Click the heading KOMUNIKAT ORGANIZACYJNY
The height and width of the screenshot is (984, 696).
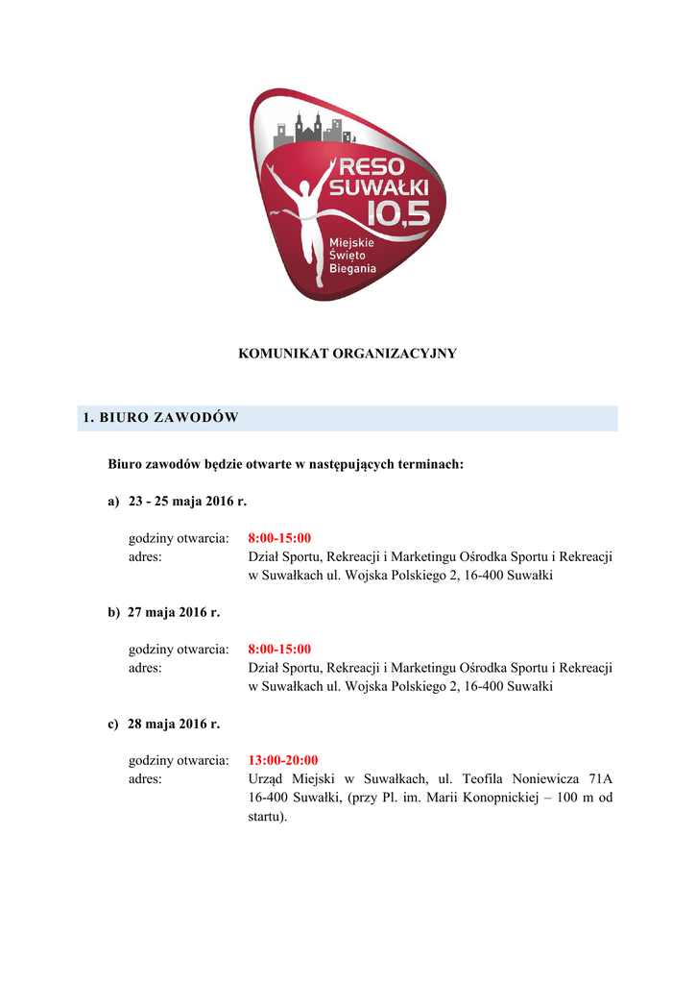point(347,354)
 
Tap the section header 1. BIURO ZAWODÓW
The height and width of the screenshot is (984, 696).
point(160,417)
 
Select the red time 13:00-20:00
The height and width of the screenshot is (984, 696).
point(283,759)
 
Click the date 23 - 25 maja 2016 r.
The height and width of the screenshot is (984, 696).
point(187,501)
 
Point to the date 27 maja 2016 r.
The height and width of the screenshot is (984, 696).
point(174,612)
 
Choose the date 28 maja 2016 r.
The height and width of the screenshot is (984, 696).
point(174,724)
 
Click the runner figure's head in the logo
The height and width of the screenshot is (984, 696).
point(307,188)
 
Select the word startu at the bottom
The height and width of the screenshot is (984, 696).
point(266,817)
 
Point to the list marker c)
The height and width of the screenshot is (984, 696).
point(113,724)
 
